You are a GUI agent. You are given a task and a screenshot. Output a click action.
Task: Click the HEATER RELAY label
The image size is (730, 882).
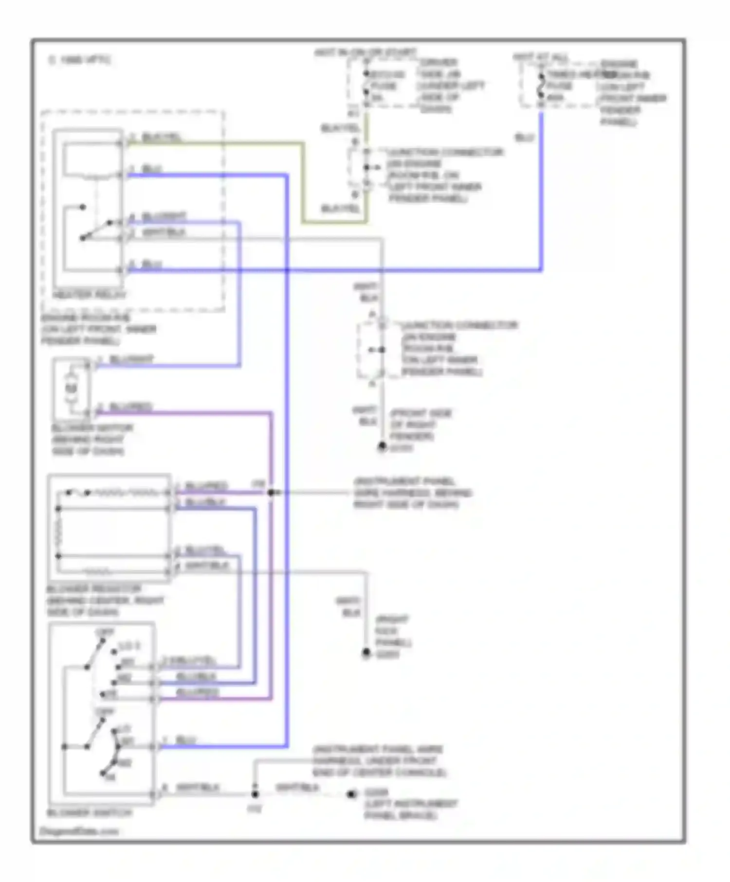pyautogui.click(x=89, y=295)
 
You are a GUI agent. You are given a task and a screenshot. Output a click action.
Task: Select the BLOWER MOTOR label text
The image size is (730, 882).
pyautogui.click(x=92, y=428)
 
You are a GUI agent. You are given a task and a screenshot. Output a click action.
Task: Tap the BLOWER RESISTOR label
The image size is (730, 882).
pyautogui.click(x=94, y=589)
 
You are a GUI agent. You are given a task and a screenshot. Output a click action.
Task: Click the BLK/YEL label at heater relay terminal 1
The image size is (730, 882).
pyautogui.click(x=161, y=138)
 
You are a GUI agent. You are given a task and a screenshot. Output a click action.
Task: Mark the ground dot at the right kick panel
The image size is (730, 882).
pyautogui.click(x=366, y=653)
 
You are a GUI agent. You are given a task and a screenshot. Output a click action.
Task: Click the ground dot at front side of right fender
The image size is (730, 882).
pyautogui.click(x=382, y=446)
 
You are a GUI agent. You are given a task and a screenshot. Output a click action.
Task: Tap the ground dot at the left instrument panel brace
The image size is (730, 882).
pyautogui.click(x=351, y=794)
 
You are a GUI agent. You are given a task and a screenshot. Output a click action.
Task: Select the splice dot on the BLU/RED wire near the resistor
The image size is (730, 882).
pyautogui.click(x=271, y=493)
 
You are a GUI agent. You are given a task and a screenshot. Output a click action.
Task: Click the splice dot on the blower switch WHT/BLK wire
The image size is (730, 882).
pyautogui.click(x=255, y=794)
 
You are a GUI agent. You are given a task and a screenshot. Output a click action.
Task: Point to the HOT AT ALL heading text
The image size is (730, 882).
pyautogui.click(x=540, y=57)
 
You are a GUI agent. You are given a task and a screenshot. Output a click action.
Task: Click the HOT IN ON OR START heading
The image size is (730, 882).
pyautogui.click(x=365, y=52)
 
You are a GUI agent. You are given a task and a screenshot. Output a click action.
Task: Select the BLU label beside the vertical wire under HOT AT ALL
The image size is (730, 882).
pyautogui.click(x=524, y=138)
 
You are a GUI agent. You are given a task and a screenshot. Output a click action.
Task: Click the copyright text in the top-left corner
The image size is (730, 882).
pyautogui.click(x=79, y=60)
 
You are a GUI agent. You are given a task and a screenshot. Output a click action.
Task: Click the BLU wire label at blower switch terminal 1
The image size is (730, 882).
pyautogui.click(x=185, y=741)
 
